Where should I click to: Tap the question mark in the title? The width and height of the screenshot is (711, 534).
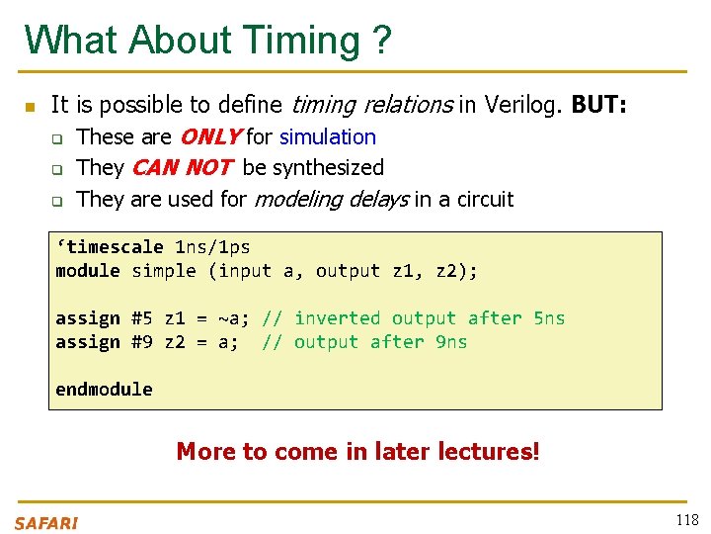381,42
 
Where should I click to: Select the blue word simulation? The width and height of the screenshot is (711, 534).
328,137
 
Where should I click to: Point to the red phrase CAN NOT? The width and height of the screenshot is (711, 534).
182,168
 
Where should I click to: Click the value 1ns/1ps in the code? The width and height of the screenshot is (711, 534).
212,247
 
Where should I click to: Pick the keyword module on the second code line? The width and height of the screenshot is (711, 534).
88,271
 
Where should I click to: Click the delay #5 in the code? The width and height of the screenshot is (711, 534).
141,318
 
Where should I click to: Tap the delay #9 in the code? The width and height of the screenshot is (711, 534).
141,342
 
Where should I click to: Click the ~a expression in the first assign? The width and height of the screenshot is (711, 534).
234,318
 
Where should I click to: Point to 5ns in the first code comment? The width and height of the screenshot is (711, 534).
549,318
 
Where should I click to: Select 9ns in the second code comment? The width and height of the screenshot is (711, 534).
451,342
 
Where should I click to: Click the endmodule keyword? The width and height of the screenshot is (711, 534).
104,390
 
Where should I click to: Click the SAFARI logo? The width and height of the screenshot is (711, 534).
46,523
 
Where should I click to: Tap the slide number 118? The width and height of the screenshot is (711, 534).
686,520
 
